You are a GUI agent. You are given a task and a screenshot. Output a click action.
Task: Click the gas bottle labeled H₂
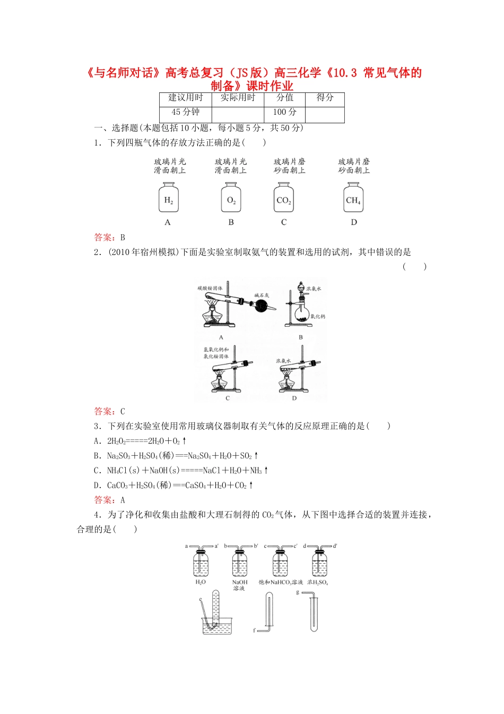[x=168, y=198]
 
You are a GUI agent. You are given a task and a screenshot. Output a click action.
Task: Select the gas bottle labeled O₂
[x=231, y=198]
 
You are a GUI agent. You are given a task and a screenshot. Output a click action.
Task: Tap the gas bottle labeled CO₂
[x=283, y=198]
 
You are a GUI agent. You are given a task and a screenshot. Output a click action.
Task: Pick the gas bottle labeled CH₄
[x=353, y=198]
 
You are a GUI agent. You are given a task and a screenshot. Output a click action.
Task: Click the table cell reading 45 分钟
[x=185, y=112]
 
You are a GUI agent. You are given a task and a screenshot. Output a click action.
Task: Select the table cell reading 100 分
[x=284, y=112]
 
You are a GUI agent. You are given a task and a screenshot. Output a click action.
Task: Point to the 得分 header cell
[x=325, y=98]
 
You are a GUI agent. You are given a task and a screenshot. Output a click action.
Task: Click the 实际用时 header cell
[x=238, y=98]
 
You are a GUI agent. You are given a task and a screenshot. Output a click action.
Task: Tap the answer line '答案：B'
[x=109, y=237]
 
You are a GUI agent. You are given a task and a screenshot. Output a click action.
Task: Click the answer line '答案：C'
[x=109, y=411]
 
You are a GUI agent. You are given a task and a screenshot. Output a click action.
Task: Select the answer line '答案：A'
[x=109, y=500]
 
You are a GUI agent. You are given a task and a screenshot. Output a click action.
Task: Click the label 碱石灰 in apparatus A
[x=262, y=295]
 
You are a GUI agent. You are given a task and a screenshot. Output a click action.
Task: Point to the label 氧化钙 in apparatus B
[x=318, y=317]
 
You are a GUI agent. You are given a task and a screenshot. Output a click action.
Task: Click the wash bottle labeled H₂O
[x=201, y=563]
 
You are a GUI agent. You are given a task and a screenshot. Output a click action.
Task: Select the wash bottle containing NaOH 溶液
[x=240, y=563]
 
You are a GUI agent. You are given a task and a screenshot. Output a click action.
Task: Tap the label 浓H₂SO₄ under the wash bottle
[x=318, y=582]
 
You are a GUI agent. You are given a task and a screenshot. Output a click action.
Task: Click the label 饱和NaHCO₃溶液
[x=281, y=582]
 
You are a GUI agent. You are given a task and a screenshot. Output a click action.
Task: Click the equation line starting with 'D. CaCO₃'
[x=173, y=485]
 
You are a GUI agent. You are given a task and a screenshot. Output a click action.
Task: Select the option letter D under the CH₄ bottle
[x=354, y=222]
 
